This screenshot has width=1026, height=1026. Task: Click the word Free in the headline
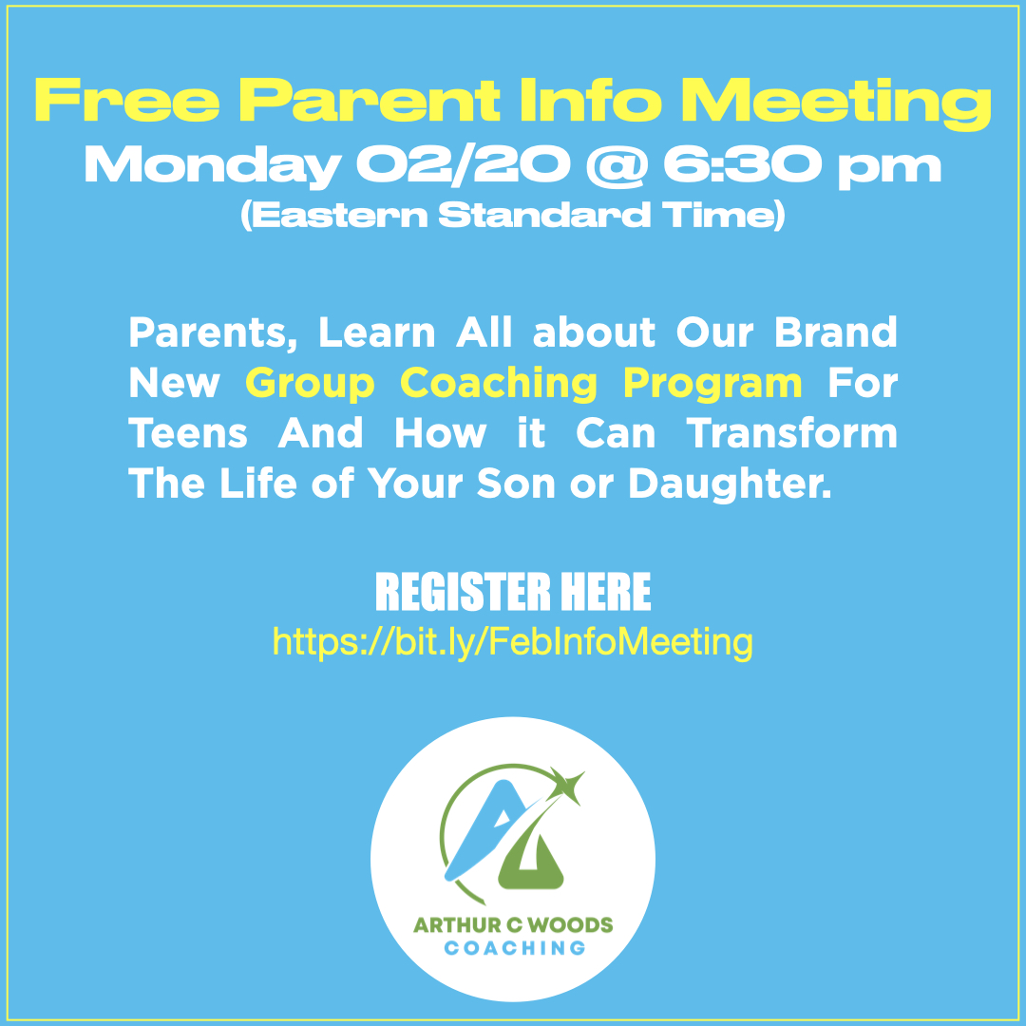point(127,100)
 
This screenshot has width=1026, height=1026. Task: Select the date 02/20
point(464,165)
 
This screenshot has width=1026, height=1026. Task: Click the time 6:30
point(742,164)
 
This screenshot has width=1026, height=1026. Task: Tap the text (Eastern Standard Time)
point(513,216)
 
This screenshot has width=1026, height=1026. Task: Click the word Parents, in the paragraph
point(214,333)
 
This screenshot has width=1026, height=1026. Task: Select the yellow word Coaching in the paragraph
point(499,384)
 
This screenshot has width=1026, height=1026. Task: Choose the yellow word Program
point(712,384)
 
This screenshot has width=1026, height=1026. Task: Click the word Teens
point(188,433)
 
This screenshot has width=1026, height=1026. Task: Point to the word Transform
point(791,433)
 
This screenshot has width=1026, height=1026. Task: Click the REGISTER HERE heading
point(513,592)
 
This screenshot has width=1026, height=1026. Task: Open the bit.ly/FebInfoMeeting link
point(513,642)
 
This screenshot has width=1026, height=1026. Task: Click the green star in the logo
point(566,783)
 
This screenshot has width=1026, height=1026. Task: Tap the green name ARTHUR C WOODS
point(513,924)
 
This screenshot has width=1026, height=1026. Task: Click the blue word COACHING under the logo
point(514,948)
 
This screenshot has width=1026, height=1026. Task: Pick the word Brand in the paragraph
point(836,332)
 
